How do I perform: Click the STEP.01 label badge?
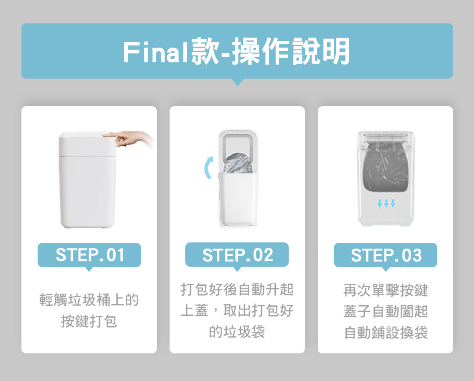pos(89,255)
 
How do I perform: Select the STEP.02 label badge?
pos(237,254)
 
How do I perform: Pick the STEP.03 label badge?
pos(385,255)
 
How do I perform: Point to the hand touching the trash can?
pos(129,139)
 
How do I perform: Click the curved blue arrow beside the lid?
pos(208,168)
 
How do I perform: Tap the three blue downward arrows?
pos(386,203)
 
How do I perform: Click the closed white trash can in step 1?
pos(87,180)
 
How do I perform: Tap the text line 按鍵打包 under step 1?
pos(89,321)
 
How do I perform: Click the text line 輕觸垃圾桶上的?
pos(89,300)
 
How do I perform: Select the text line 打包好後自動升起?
pos(237,289)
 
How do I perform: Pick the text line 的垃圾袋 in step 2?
pos(237,331)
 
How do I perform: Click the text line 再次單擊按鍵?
pos(385,290)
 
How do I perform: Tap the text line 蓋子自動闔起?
pos(385,311)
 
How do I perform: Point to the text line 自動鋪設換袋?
pos(385,332)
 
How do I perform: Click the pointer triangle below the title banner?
pos(238,81)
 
